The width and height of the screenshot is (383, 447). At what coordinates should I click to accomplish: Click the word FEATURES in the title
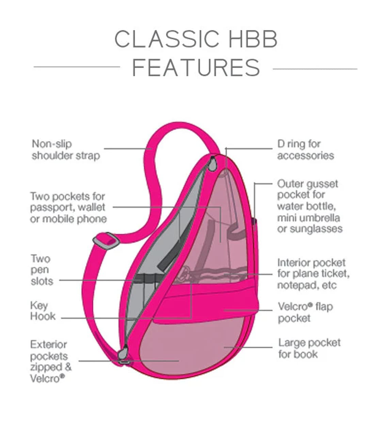tap(196, 68)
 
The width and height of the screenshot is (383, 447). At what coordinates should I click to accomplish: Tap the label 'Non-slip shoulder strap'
tap(66, 150)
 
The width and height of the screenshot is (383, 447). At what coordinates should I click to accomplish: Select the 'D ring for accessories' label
tap(305, 150)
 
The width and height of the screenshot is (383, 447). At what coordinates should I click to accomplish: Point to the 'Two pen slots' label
tap(42, 270)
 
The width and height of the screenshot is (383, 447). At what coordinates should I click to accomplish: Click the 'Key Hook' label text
tap(43, 311)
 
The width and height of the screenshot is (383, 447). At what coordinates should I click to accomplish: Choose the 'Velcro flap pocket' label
tap(305, 312)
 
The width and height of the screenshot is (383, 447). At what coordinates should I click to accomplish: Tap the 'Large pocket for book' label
tap(309, 348)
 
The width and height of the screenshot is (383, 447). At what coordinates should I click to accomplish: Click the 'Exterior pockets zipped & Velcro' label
tap(51, 362)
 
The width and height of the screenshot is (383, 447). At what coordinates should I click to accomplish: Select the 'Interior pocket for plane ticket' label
tap(313, 274)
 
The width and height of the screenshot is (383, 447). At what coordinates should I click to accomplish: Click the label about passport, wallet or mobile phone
tap(68, 207)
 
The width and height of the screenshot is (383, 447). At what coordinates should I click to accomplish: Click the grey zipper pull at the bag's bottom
tap(123, 353)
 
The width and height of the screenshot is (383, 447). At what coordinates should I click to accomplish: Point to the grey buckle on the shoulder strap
tap(106, 240)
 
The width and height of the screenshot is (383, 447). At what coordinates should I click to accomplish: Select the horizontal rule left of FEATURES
tap(77, 67)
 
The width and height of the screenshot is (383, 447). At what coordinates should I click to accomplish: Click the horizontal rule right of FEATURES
tap(315, 69)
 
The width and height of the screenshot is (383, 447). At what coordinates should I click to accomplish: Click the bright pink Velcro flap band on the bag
tap(204, 300)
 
